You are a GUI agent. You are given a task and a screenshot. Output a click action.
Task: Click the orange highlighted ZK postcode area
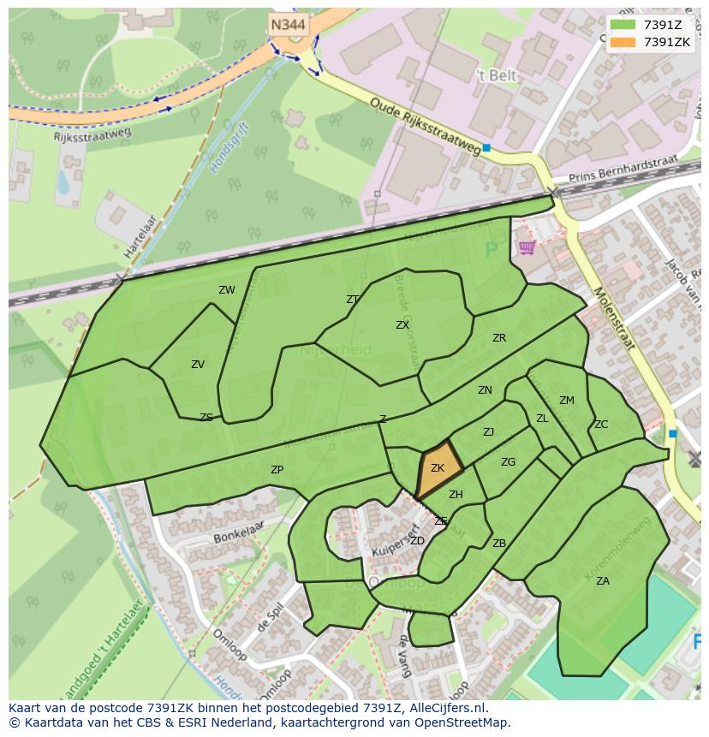[x=438, y=469]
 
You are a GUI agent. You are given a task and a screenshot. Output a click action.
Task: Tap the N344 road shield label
[x=289, y=25]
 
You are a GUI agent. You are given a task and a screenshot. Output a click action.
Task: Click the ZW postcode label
[x=226, y=290]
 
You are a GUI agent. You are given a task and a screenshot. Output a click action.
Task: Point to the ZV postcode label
[x=198, y=365]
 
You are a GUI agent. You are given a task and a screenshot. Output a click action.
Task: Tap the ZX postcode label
[x=402, y=325]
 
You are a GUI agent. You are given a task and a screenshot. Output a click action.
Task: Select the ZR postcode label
[x=499, y=338]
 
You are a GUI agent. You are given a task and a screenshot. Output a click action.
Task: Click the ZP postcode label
[x=277, y=470]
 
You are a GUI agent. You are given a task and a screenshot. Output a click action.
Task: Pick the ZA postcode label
[x=603, y=581]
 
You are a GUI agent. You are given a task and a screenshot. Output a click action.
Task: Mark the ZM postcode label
[x=567, y=401]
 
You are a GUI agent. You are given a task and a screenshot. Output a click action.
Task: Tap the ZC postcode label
[x=601, y=425]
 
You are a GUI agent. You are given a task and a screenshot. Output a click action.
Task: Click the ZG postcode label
[x=508, y=462]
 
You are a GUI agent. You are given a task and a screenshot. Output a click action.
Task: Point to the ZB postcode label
[x=499, y=544]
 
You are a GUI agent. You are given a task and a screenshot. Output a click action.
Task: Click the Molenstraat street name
[x=612, y=318]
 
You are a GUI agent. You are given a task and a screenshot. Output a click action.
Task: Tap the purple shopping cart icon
[x=527, y=248]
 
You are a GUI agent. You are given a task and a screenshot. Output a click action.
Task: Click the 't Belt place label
[x=497, y=76]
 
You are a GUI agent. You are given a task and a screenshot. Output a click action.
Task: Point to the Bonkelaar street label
[x=235, y=540]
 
